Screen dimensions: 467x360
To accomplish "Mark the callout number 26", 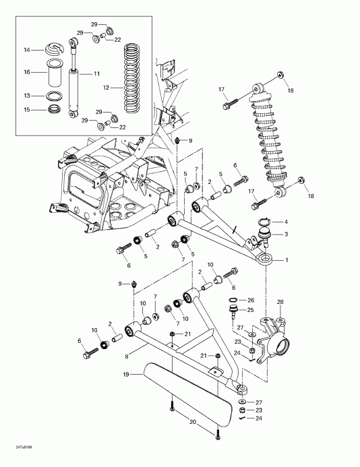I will [x=251, y=300].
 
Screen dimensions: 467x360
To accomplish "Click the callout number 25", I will [x=251, y=310].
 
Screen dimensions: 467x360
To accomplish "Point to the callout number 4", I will [x=286, y=222].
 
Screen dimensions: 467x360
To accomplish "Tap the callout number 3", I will [x=286, y=234].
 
